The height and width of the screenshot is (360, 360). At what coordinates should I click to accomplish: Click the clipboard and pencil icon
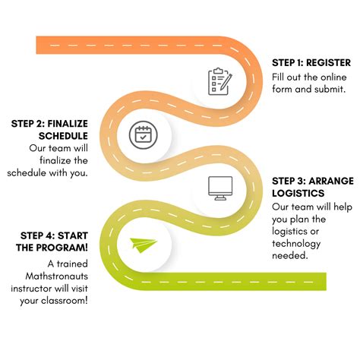[x=220, y=81]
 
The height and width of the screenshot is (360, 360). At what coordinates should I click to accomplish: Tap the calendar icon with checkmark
[x=143, y=135]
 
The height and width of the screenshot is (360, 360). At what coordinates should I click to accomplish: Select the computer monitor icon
[x=220, y=188]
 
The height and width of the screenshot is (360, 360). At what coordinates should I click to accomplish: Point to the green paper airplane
[x=144, y=245]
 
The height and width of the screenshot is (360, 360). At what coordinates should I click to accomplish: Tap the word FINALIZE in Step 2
[x=68, y=124]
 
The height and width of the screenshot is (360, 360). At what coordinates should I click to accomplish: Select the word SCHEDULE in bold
[x=63, y=136]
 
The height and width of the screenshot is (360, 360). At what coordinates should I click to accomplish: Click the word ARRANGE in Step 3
[x=331, y=181]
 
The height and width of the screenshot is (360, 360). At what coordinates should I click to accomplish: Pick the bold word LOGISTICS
[x=298, y=194]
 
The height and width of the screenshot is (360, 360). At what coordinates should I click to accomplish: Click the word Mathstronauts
[x=57, y=276]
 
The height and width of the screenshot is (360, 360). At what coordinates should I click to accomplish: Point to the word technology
[x=296, y=244]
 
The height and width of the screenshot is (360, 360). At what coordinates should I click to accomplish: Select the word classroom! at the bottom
[x=65, y=301]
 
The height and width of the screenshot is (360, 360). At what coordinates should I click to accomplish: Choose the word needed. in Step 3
[x=290, y=256]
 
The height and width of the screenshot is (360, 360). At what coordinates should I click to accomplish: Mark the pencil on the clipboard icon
[x=226, y=81]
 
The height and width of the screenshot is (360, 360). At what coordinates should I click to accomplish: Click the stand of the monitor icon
[x=220, y=198]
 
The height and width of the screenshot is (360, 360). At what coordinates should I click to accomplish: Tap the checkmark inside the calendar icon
[x=143, y=137]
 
